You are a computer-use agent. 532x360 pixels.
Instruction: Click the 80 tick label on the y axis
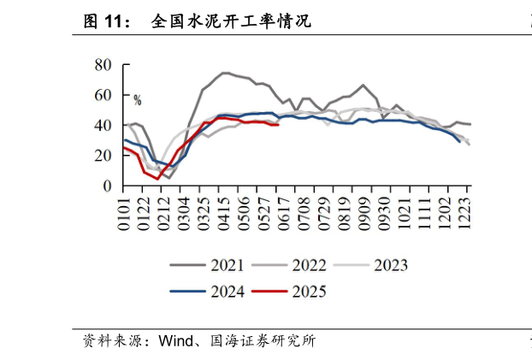click(x=104, y=65)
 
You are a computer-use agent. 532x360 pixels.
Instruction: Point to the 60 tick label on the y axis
click(x=104, y=95)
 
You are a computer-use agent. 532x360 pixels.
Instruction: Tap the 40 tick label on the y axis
click(x=104, y=126)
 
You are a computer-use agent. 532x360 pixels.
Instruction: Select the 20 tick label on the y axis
click(x=104, y=156)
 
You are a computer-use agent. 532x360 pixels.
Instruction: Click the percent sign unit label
click(x=137, y=101)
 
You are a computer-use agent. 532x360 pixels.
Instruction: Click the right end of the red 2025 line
click(x=279, y=125)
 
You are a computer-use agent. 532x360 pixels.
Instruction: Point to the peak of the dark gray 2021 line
click(x=224, y=73)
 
